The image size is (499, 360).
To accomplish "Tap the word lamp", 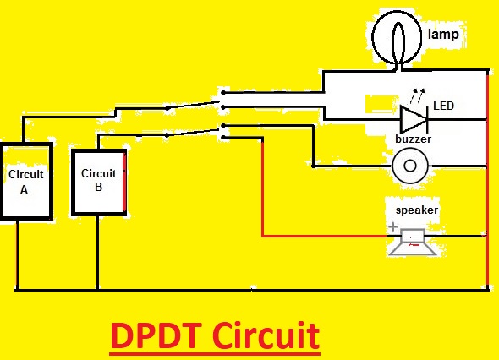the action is pos(443,35).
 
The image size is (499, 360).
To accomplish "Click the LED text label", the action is pos(444,106).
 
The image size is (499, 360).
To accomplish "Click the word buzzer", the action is pos(413,139).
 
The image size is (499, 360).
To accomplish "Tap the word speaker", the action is pos(417,210).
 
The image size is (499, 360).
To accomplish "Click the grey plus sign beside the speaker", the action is pos(393,226).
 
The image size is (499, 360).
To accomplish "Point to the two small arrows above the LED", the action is pos(417,95).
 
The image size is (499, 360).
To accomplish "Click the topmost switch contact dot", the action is pos(223,93).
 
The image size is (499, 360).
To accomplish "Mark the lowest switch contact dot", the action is pos(223,138).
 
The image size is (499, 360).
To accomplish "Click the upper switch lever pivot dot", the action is pos(167,108).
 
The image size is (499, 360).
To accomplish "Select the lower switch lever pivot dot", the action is pos(167,135).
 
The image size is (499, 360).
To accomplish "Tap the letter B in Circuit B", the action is pos(99,187).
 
